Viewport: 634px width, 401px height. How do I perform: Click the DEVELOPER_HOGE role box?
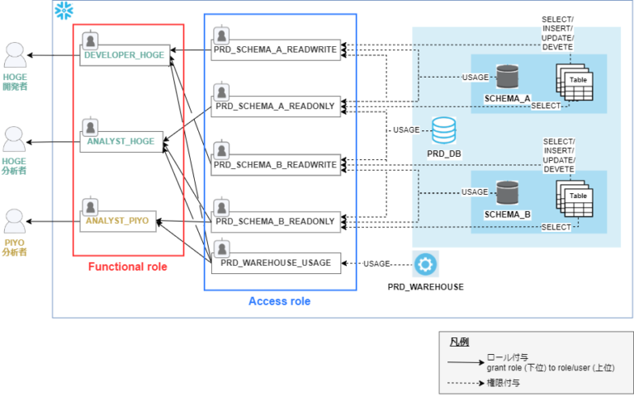coord(125,55)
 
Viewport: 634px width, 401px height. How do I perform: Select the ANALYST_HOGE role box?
coord(121,141)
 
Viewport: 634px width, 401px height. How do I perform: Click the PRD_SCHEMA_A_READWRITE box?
coord(275,49)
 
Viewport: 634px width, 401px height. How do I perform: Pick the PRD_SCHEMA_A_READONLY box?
coord(275,106)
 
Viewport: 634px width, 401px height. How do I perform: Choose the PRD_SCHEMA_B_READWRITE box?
coord(275,164)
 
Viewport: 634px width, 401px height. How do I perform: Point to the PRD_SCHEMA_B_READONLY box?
coord(275,221)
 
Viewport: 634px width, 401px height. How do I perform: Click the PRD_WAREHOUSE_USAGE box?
coord(275,262)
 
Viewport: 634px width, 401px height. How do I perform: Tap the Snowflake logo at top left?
coord(63,11)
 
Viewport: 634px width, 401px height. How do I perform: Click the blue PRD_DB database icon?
coord(443,130)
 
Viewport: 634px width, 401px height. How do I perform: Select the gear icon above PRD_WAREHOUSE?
coord(426,265)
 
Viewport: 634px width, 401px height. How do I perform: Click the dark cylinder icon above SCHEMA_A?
coord(506,77)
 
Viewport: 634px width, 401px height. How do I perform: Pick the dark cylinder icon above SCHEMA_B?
coord(506,191)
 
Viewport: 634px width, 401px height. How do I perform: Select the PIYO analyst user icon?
coord(15,221)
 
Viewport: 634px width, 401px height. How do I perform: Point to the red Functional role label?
coord(127,267)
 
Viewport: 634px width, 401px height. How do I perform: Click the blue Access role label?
coord(279,301)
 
